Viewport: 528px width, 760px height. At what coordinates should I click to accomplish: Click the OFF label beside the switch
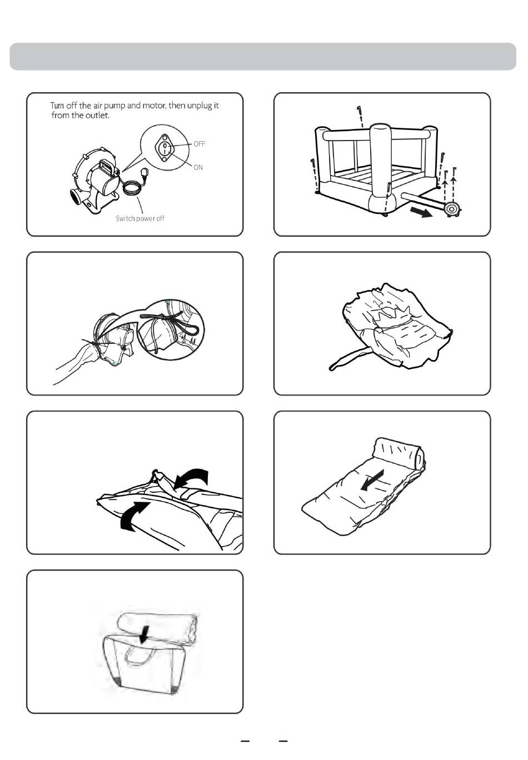coord(200,144)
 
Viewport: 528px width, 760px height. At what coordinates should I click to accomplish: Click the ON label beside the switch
coord(198,167)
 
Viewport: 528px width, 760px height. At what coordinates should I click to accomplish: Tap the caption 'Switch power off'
coord(140,218)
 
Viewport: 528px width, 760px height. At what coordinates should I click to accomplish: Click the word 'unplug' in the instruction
coord(200,106)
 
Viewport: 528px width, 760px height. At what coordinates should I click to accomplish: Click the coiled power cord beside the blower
coord(131,188)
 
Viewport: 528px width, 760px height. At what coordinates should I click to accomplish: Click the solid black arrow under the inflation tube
coord(421,212)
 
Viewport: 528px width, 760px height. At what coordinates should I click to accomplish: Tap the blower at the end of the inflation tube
coord(452,209)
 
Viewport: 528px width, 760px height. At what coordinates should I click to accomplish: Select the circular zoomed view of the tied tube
coord(171,329)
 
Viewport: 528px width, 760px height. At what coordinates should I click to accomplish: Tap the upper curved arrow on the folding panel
coord(192,478)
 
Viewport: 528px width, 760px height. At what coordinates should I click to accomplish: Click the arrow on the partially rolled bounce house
coord(372,480)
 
